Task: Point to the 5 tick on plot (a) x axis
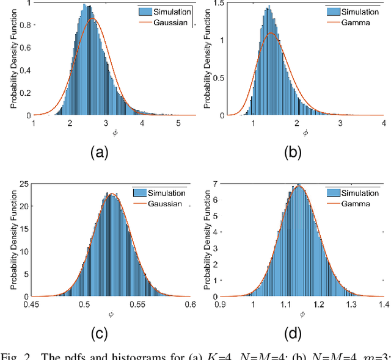[178, 123]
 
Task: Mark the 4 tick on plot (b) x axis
[382, 123]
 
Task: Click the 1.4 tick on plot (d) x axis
[382, 305]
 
